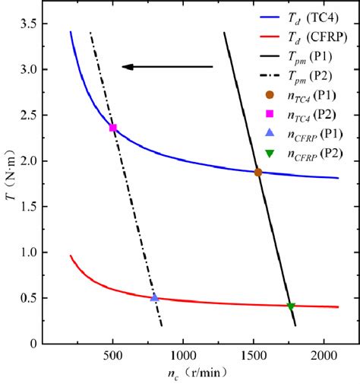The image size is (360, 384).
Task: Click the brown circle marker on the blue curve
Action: click(258, 173)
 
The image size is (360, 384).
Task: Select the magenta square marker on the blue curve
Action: click(113, 128)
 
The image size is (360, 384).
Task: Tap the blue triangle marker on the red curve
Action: click(155, 298)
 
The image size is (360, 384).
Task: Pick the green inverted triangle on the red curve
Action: click(291, 306)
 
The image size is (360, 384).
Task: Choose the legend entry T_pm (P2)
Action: click(311, 75)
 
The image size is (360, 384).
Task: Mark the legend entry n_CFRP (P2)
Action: click(314, 154)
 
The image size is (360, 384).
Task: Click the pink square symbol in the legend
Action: click(268, 115)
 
